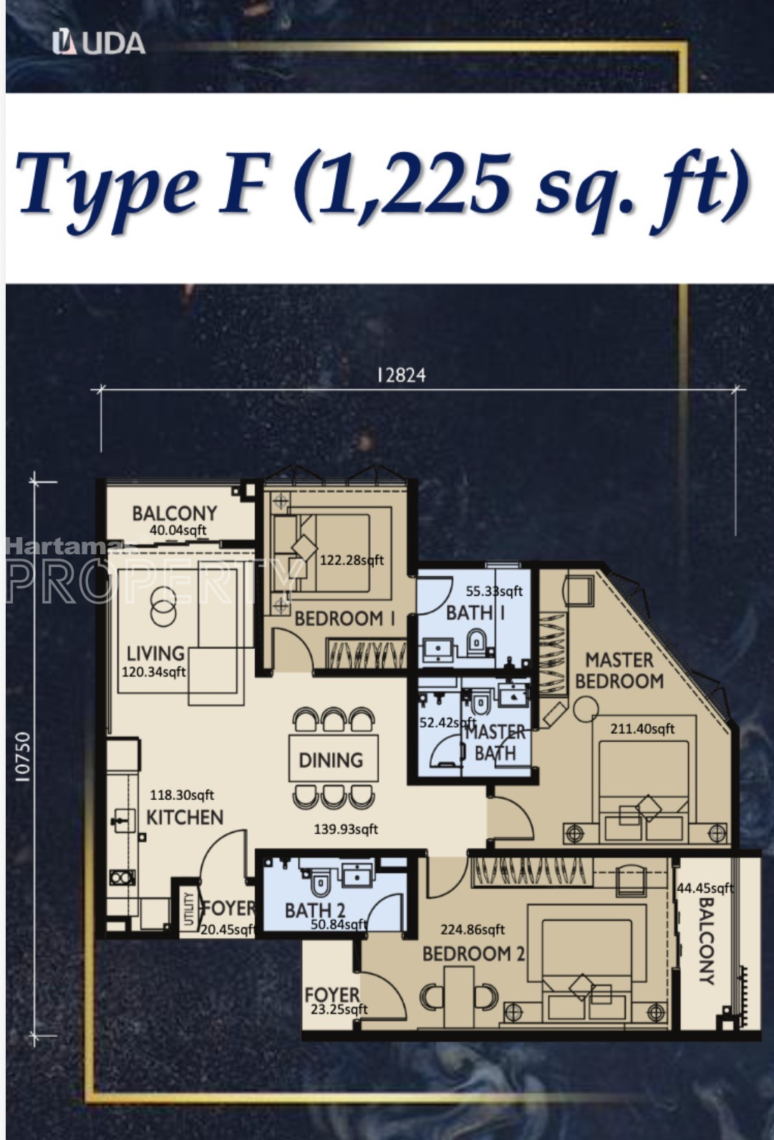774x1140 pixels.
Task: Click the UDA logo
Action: (99, 43)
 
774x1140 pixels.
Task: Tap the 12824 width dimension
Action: (402, 376)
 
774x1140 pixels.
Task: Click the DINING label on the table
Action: (331, 760)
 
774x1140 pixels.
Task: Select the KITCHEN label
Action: (185, 817)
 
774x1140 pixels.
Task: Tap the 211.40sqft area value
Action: (642, 729)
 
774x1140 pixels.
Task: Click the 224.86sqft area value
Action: (473, 929)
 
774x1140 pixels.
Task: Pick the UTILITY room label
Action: (189, 909)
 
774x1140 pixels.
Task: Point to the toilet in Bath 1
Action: (477, 643)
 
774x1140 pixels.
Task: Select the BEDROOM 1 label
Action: (345, 619)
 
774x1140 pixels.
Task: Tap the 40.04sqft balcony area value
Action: (178, 530)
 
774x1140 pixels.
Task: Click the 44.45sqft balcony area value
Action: (705, 889)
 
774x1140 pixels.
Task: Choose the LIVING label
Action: (155, 654)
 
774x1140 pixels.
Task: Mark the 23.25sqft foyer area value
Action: (339, 1009)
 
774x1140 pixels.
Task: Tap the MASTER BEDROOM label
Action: (620, 670)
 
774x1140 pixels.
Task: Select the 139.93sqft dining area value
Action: (346, 829)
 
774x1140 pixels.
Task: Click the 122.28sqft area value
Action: (352, 560)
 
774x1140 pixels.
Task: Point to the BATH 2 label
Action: (315, 910)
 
